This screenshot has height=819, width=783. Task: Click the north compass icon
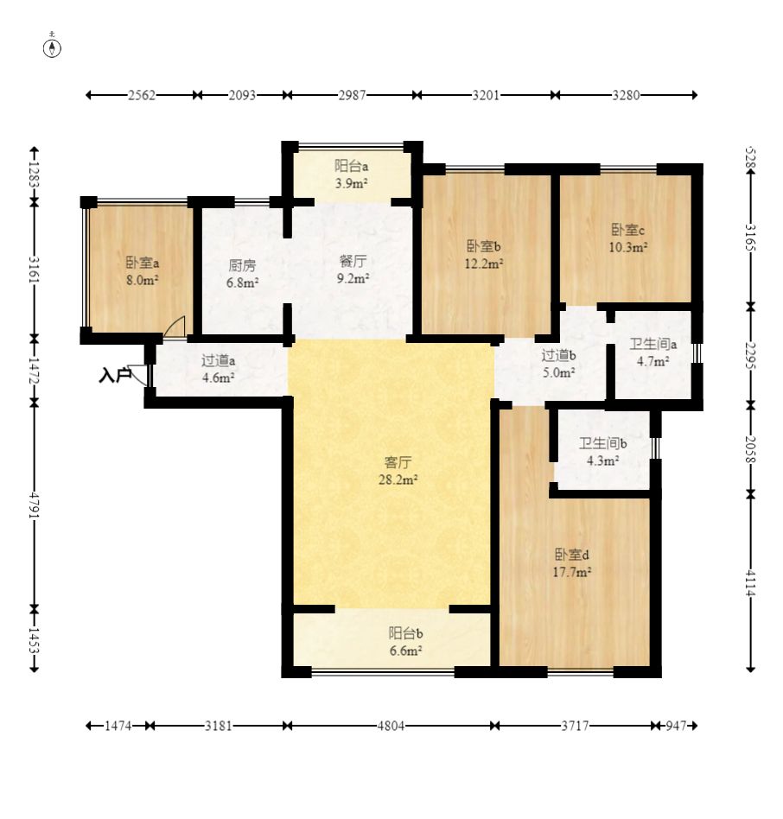52,48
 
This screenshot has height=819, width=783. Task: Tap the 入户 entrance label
114,375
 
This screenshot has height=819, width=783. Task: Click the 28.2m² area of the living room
398,479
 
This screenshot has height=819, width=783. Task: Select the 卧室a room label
142,263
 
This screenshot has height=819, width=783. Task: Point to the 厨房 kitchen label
242,265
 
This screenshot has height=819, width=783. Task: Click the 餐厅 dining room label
353,261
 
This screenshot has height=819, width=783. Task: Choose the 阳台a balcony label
352,166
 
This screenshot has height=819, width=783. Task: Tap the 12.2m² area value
484,263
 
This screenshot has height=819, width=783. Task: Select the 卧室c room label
627,230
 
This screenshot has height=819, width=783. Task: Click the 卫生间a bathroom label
653,344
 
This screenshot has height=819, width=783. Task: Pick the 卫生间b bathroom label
602,444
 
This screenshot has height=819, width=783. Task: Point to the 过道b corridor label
558,356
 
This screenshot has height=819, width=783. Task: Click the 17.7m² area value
572,572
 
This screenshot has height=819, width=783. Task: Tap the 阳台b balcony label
406,633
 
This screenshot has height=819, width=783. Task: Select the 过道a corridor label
219,360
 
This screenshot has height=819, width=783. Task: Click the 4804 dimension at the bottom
391,726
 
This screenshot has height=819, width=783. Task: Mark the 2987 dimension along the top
353,95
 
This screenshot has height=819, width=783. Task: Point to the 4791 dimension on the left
34,505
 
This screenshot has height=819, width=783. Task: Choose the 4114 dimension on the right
751,582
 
